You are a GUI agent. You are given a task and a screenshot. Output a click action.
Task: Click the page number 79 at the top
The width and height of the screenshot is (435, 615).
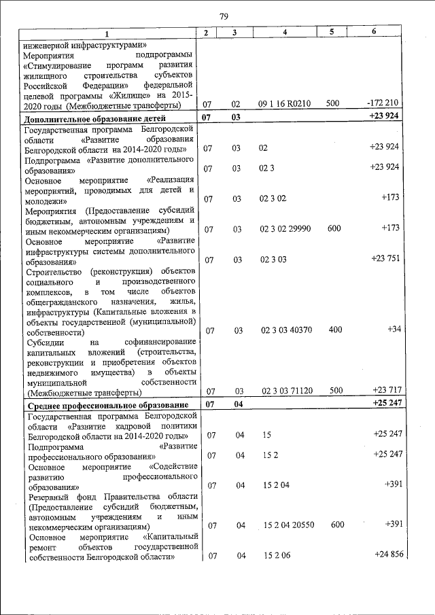[224, 17]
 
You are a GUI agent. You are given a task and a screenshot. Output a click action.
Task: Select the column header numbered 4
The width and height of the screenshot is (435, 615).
[285, 33]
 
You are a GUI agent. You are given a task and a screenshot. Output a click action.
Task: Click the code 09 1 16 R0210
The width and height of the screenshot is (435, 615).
[285, 105]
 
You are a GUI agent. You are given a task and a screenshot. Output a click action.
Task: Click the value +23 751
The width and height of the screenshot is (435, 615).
[385, 259]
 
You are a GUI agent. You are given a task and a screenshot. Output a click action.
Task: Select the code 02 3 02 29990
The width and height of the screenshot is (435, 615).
[285, 229]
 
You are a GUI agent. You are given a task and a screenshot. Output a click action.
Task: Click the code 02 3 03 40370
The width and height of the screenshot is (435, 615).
[285, 330]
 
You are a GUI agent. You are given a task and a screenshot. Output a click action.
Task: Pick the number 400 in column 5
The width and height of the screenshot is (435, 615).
[334, 330]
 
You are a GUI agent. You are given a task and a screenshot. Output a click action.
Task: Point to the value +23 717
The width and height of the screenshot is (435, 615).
[385, 390]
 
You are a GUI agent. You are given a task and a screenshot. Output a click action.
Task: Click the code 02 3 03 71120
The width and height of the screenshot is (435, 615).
[285, 391]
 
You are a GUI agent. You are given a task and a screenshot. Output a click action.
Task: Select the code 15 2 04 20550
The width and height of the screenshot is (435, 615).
[290, 525]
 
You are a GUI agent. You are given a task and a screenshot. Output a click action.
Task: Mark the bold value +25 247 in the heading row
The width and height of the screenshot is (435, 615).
[385, 403]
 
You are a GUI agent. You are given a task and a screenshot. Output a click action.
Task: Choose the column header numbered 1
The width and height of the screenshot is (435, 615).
[107, 33]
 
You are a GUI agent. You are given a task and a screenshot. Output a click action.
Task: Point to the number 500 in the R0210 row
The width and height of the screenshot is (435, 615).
[333, 105]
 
